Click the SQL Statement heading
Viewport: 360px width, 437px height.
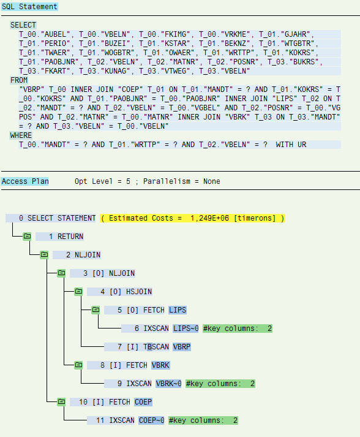pos(29,6)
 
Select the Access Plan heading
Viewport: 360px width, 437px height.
pos(24,181)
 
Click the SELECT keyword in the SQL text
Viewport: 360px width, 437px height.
pos(23,25)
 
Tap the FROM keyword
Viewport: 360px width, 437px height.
pos(19,80)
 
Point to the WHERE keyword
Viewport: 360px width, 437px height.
pos(21,135)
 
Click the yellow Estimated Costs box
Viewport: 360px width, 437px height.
pos(192,218)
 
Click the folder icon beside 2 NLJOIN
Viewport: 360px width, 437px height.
pos(44,255)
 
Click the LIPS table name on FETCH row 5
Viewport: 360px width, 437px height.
pos(178,310)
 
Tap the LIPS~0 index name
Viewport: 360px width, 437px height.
pos(186,329)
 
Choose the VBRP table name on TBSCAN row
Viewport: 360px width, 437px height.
pos(182,347)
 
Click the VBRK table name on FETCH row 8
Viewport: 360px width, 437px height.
pos(160,365)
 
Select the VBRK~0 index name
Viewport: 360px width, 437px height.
pos(169,384)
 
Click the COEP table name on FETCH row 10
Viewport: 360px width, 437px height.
pos(143,402)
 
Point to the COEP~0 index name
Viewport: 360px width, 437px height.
pos(151,420)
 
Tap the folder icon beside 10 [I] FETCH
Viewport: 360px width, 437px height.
pos(61,402)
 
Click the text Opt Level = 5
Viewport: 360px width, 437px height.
pos(102,181)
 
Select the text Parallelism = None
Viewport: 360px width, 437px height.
pos(182,181)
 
